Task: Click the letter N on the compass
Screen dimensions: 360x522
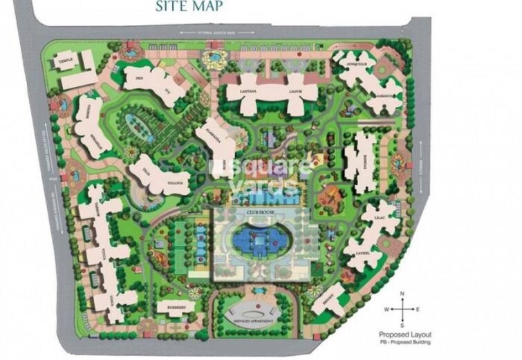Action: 402,296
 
